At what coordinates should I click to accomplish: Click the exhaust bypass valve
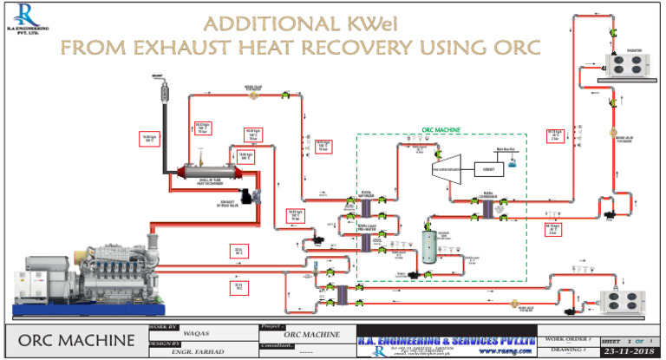tap(250, 199)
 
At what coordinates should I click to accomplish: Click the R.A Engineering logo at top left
tap(25, 17)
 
